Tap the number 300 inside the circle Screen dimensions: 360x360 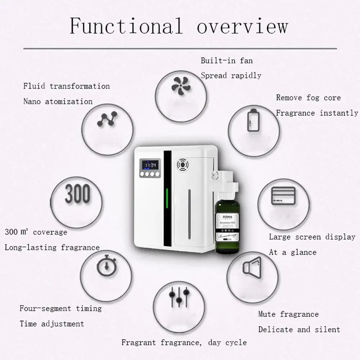pyautogui.click(x=77, y=194)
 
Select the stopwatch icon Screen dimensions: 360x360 pyautogui.click(x=106, y=266)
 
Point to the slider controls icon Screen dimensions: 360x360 pyautogui.click(x=179, y=296)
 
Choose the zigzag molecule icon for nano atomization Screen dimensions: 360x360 pyautogui.click(x=107, y=119)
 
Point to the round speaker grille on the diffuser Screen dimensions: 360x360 pyautogui.click(x=183, y=165)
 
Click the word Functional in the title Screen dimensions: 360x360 pyautogui.click(x=126, y=26)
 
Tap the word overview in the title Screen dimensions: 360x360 pyautogui.click(x=242, y=26)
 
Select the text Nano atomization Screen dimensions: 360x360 pyautogui.click(x=58, y=102)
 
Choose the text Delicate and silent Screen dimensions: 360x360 pyautogui.click(x=299, y=330)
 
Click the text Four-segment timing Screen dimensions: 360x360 pyautogui.click(x=60, y=309)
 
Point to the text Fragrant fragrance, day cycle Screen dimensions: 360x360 pyautogui.click(x=184, y=342)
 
